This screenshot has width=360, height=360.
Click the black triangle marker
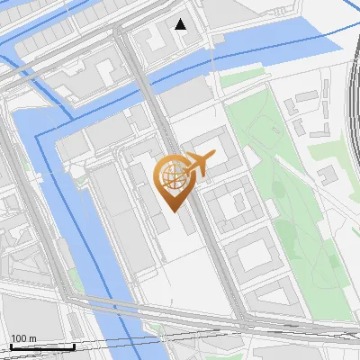pyautogui.click(x=181, y=24)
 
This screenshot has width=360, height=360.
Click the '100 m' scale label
pyautogui.click(x=23, y=338)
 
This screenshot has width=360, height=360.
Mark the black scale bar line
pyautogui.click(x=41, y=346)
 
